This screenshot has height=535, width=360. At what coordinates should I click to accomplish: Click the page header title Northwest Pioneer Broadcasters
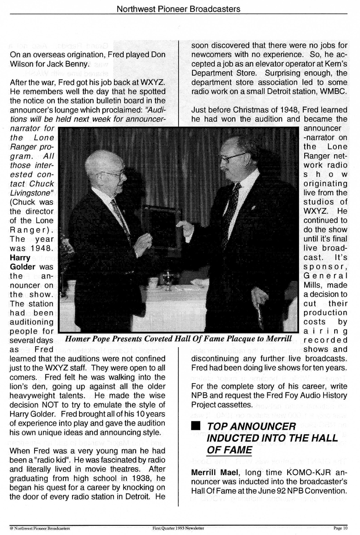(179, 8)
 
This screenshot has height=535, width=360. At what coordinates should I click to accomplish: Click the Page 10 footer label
(341, 528)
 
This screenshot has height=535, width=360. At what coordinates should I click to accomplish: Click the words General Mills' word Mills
(314, 285)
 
